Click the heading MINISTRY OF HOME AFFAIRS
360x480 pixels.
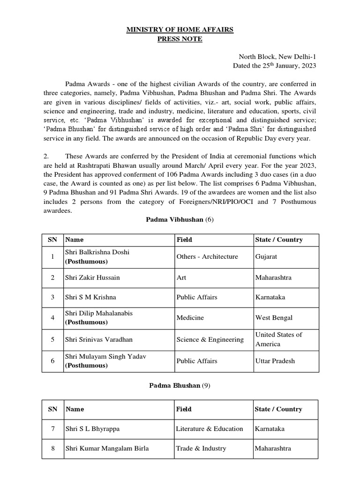180,30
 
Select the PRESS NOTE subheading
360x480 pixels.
180,39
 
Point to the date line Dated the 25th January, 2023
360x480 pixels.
275,66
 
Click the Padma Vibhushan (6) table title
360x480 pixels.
180,219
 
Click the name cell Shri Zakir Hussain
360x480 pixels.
93,277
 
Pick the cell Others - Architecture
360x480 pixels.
207,256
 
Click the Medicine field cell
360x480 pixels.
190,317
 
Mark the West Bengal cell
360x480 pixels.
274,317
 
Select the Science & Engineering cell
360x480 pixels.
210,339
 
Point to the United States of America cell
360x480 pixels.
278,339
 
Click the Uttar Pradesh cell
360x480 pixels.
275,361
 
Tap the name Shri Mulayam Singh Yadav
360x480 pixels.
106,357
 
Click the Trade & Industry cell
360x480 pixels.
201,448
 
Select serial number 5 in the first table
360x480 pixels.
53,339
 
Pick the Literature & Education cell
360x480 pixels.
210,428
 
